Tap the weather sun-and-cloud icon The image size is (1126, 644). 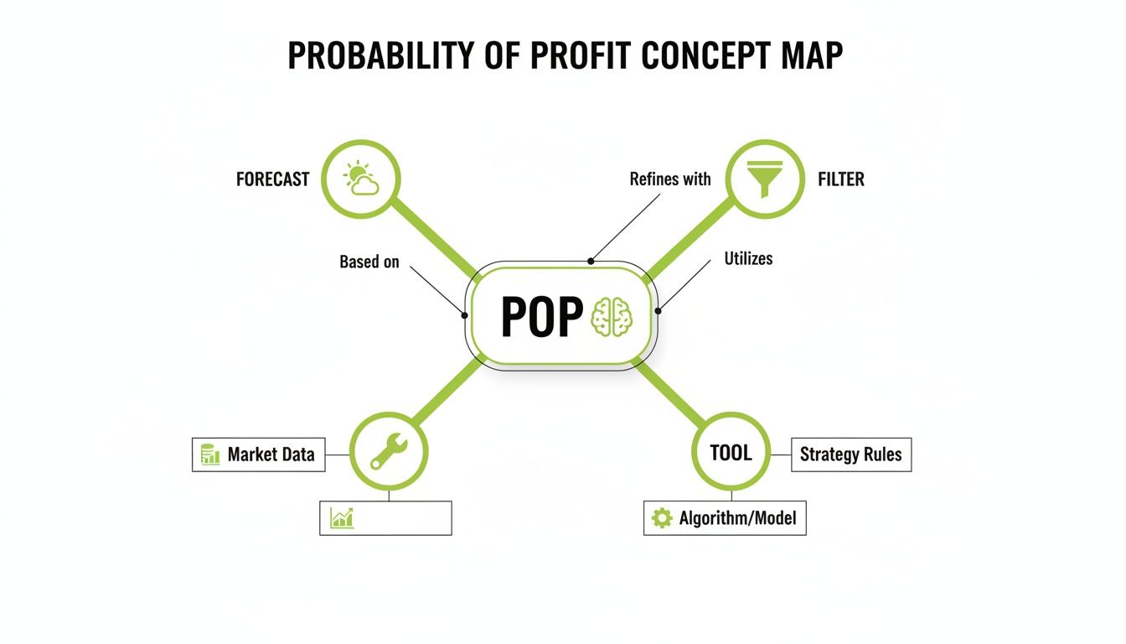coord(362,179)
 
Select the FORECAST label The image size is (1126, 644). coord(272,179)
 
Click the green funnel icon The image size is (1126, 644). coord(764,179)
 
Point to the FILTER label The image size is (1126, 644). coord(840,179)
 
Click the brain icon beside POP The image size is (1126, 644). coord(613,318)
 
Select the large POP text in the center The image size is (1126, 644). coord(541,318)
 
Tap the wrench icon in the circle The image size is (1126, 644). coord(389,453)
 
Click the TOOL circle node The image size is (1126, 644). coord(731,453)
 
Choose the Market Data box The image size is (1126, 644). coord(259,454)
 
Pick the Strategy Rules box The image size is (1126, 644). coord(850,454)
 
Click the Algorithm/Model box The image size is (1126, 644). coord(725,518)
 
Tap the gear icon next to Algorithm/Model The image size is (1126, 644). coord(662,518)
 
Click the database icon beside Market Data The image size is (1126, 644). coord(210,455)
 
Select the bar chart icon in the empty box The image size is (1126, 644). coord(342,517)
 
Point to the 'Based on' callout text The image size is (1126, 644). coord(369,262)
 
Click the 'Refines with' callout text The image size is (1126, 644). coord(669,179)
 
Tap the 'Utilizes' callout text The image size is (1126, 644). coord(748,259)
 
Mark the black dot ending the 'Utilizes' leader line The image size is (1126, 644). coord(659,311)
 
